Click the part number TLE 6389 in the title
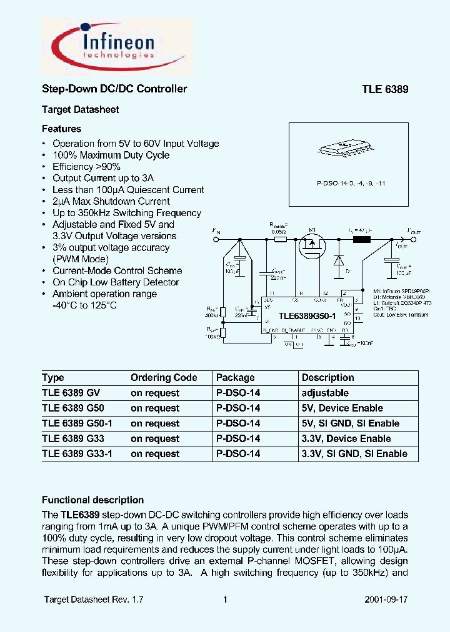pyautogui.click(x=385, y=89)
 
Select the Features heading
pyautogui.click(x=61, y=129)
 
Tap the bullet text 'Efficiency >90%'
pyautogui.click(x=86, y=167)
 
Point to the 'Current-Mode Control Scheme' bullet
pyautogui.click(x=117, y=270)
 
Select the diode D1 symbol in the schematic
pyautogui.click(x=338, y=260)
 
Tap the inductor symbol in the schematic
pyautogui.click(x=361, y=239)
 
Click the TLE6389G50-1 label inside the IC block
pyautogui.click(x=302, y=317)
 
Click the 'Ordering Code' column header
pyautogui.click(x=164, y=378)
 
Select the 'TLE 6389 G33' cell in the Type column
pyautogui.click(x=71, y=438)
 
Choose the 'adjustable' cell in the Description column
pyautogui.click(x=325, y=393)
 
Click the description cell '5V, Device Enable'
pyautogui.click(x=342, y=408)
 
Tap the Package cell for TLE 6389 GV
pyautogui.click(x=237, y=393)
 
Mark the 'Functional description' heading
pyautogui.click(x=92, y=500)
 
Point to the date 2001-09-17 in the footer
pyautogui.click(x=386, y=600)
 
